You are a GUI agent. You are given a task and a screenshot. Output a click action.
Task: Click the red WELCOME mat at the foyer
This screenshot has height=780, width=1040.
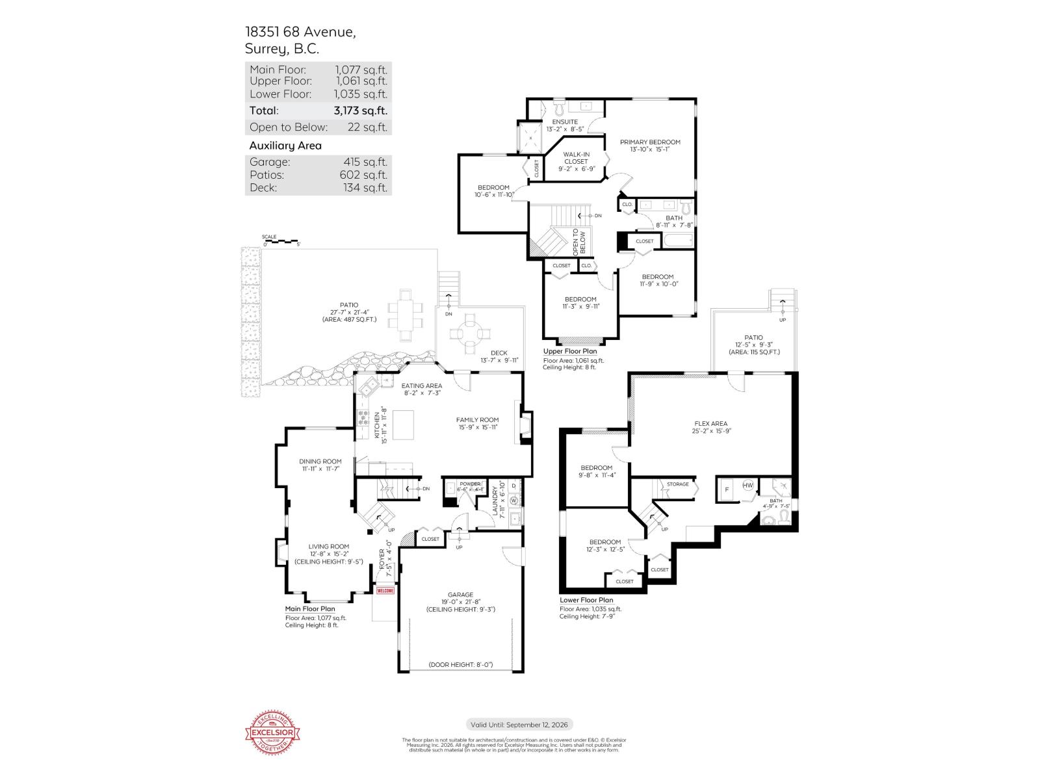(x=385, y=591)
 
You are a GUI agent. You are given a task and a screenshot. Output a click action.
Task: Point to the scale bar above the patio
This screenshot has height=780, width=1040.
(x=281, y=241)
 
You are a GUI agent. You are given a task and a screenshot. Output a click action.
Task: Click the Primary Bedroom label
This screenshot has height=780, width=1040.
(x=650, y=142)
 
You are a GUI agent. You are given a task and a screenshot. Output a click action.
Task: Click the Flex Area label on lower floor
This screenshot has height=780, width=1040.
(x=710, y=424)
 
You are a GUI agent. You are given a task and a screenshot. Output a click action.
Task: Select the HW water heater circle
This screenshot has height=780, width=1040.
(x=748, y=485)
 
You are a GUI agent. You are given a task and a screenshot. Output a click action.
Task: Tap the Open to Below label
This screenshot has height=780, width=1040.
(x=578, y=241)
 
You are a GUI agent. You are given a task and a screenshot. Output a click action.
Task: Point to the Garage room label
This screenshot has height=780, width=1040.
(x=460, y=595)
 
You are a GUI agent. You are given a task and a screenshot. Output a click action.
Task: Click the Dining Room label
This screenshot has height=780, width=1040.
(x=320, y=461)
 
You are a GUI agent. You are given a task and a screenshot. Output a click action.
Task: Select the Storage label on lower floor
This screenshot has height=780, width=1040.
(x=678, y=484)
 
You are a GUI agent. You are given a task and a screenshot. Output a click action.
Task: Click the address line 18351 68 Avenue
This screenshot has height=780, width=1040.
(x=300, y=32)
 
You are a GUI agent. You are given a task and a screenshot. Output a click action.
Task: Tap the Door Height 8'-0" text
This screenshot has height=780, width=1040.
(x=461, y=664)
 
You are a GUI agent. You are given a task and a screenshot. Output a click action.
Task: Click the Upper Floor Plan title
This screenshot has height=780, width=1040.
(x=570, y=352)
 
